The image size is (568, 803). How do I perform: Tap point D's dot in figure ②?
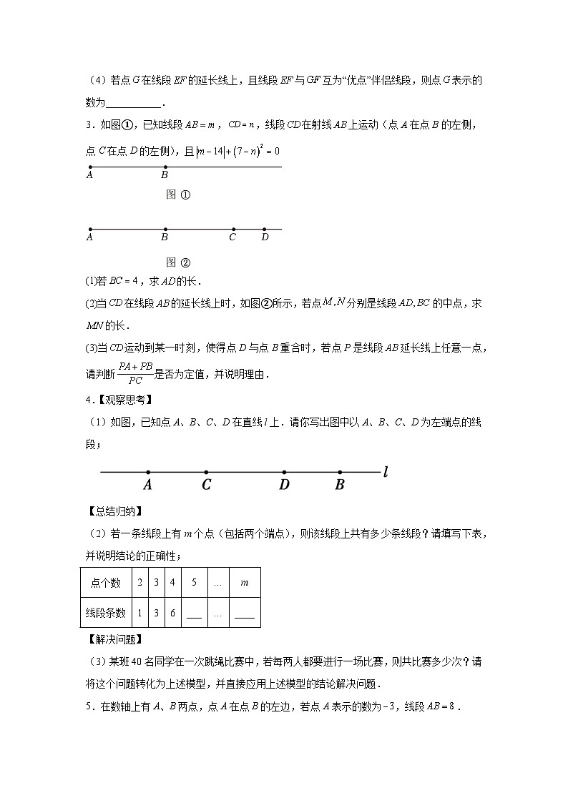(x=265, y=230)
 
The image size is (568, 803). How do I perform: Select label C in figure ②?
(x=232, y=238)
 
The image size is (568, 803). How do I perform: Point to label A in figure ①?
(x=89, y=174)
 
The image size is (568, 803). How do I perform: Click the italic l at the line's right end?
(x=386, y=471)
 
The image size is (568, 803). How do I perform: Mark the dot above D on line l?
(x=285, y=472)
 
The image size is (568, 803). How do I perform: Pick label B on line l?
(x=340, y=486)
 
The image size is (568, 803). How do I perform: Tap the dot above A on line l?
(x=148, y=472)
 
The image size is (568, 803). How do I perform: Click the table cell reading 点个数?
(x=105, y=583)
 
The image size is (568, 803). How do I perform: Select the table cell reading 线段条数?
(x=105, y=613)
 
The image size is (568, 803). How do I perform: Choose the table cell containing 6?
(x=172, y=613)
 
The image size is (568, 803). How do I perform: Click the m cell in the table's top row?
(x=244, y=583)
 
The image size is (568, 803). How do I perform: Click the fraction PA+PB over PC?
(x=136, y=372)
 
